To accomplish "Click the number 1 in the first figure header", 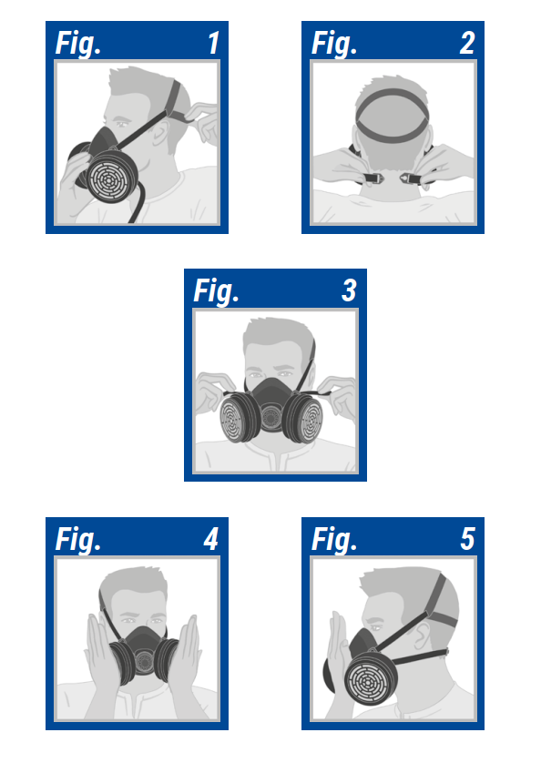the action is pos(213,43).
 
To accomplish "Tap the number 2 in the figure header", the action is pos(467,43).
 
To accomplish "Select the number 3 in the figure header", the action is pos(349,290).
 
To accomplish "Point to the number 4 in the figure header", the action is pos(211,539).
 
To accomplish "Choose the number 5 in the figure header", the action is pos(467,539).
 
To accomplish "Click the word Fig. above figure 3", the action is pos(216,291).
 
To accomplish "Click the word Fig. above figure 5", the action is pos(334,540).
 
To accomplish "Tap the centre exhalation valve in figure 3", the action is pos(270,416).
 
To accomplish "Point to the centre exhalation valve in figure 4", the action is pos(144,661).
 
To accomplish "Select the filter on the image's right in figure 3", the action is pos(304,418).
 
